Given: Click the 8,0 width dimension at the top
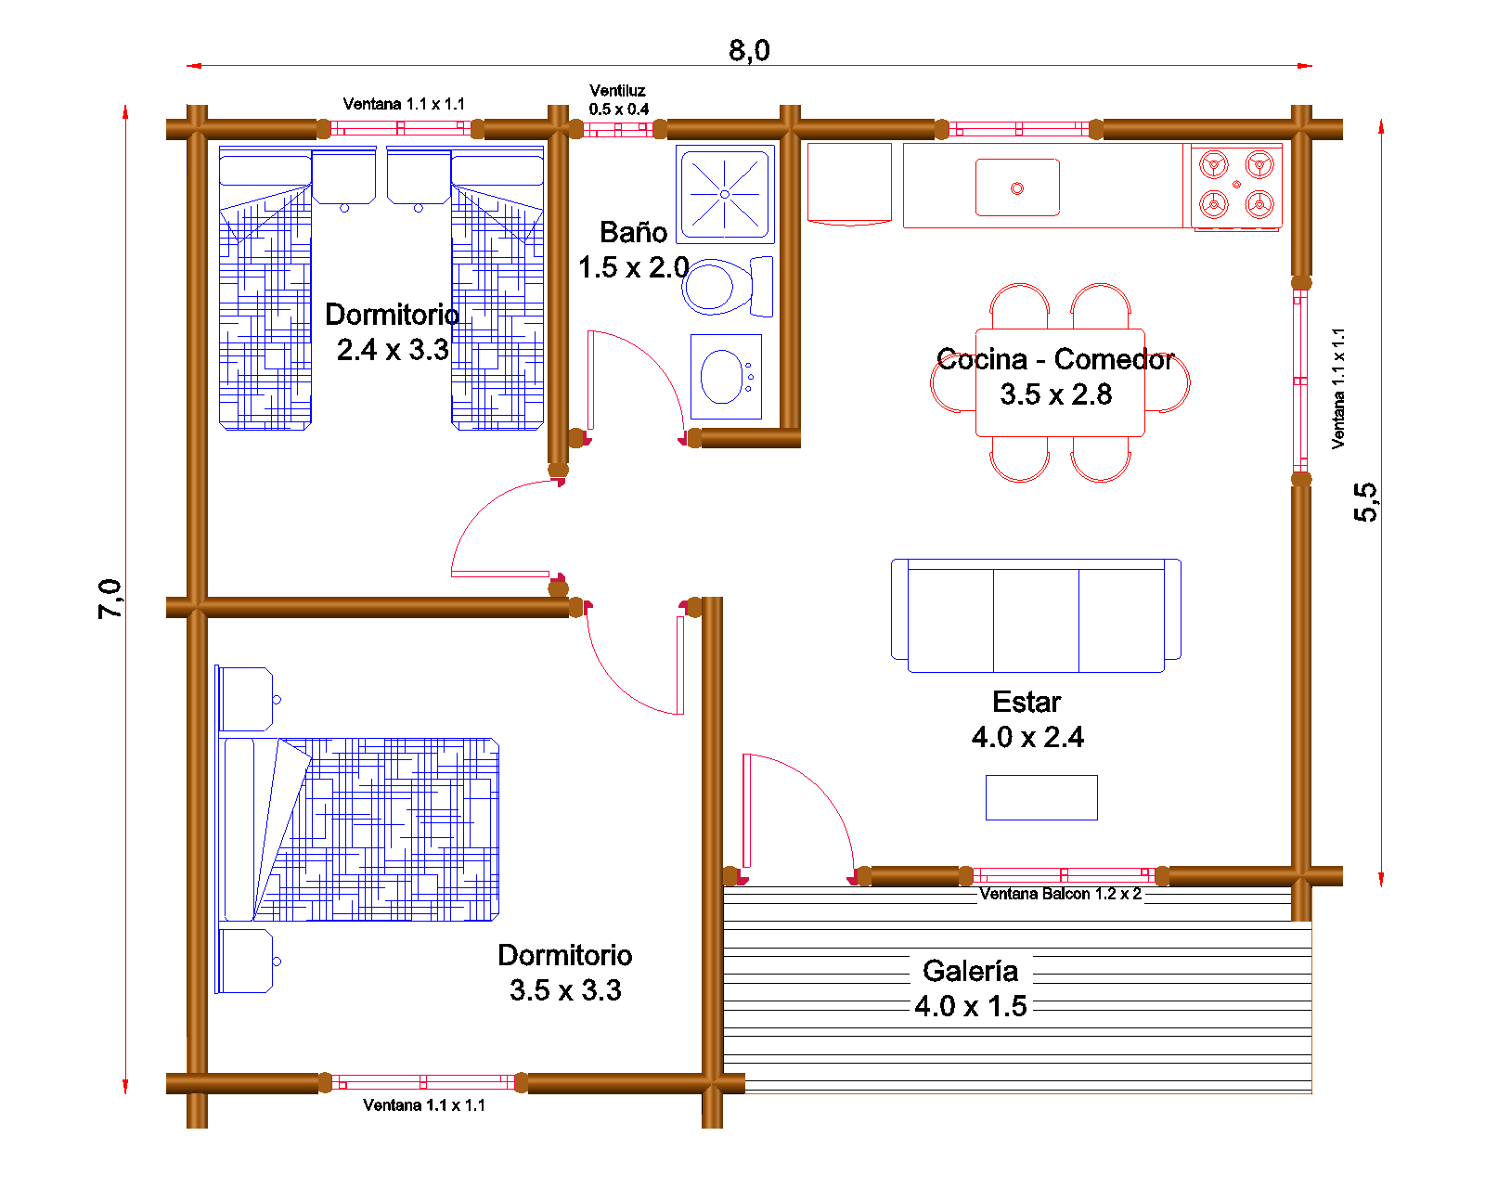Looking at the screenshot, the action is coord(749,50).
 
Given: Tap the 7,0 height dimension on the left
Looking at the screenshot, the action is coord(110,599).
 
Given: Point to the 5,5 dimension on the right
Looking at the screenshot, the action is coord(1365,502).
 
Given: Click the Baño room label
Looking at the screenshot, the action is coord(633,232).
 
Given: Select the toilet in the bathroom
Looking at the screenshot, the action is coord(728,287).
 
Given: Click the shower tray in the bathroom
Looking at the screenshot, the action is coord(725,194).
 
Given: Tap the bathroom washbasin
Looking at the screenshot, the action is coord(726,376).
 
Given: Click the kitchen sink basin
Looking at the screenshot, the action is coord(1017,187).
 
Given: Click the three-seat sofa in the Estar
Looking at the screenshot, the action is coord(1036,615).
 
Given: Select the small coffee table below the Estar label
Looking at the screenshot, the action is coord(1041,797).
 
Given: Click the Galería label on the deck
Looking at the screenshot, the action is coord(970,971).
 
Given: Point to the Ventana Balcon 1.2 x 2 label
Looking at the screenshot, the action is coord(1060,893).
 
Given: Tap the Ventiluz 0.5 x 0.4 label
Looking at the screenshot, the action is coord(618,99).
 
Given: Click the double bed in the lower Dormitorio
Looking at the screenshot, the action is coord(359,829).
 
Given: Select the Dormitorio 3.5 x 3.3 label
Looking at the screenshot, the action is coord(565,972).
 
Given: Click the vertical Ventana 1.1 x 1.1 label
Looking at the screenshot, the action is coord(1338,389).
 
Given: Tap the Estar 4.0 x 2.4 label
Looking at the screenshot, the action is coord(1027,719).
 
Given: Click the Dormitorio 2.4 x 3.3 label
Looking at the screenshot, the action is coord(392,331).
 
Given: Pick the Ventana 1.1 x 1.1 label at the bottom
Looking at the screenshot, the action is coord(424,1104).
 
